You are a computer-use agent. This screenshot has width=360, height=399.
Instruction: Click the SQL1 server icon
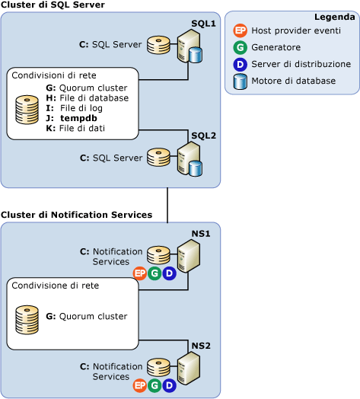188,46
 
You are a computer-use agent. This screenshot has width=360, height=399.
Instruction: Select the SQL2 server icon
188,158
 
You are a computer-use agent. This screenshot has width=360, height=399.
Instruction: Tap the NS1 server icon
188,255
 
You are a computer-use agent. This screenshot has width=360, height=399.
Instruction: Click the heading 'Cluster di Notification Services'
77,215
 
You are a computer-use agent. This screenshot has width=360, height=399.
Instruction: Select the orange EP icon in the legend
241,31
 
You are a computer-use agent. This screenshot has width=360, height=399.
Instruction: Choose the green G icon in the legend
241,47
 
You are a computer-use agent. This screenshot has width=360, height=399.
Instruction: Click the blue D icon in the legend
241,64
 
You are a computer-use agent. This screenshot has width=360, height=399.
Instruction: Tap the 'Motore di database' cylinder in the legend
241,81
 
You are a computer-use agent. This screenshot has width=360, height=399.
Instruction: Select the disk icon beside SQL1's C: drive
159,45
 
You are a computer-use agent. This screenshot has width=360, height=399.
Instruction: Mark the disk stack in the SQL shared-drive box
28,109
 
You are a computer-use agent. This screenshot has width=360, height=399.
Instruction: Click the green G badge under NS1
155,273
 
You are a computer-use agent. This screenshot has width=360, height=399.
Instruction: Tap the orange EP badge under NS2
139,386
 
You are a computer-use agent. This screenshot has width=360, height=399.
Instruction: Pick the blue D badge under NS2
169,386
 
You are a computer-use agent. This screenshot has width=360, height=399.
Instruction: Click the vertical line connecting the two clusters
167,205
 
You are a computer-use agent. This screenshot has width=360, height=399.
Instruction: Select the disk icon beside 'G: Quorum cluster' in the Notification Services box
28,316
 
